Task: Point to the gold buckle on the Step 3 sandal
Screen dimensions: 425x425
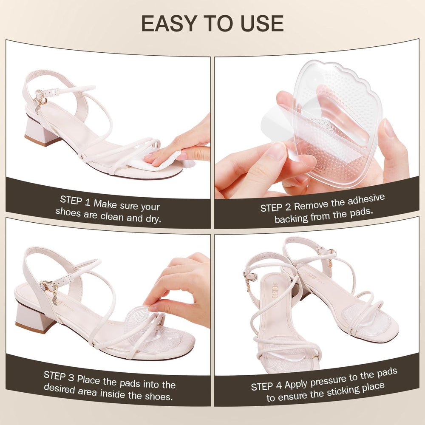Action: [48, 286]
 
